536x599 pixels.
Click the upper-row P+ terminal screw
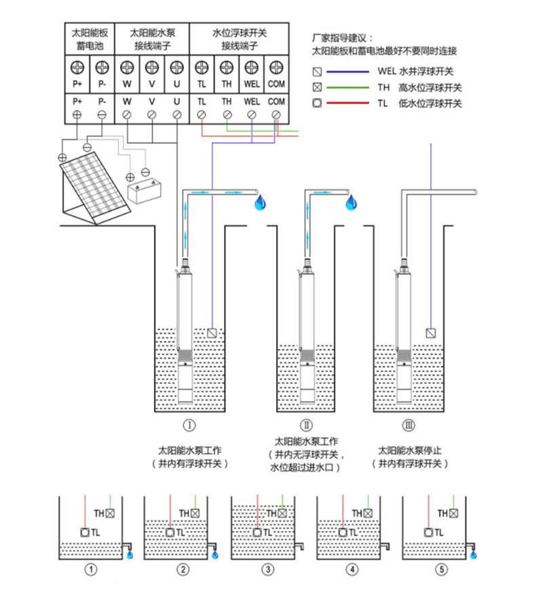pyautogui.click(x=77, y=68)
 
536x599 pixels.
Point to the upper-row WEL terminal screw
pyautogui.click(x=251, y=68)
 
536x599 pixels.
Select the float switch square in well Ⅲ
pyautogui.click(x=431, y=333)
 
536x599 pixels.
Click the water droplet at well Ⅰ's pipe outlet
pyautogui.click(x=260, y=203)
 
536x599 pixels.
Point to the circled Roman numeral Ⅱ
pyautogui.click(x=307, y=426)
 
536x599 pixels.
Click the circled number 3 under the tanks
pyautogui.click(x=269, y=570)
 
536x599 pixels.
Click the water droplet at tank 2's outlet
pyautogui.click(x=216, y=554)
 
